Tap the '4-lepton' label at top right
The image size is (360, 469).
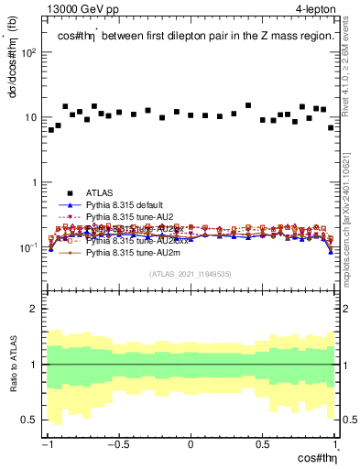(x=312, y=9)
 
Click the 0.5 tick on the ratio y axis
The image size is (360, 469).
(x=32, y=420)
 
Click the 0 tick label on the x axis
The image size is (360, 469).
(x=191, y=446)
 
